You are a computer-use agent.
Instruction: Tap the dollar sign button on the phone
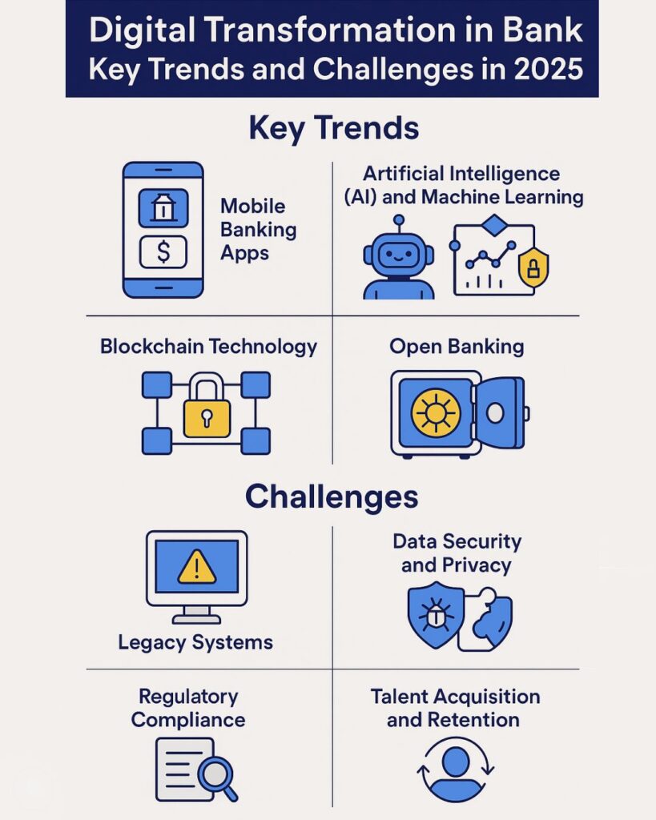[x=163, y=251]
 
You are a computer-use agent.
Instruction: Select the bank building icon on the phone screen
[x=163, y=207]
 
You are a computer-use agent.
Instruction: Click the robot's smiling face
[x=399, y=255]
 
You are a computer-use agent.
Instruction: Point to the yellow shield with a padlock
[x=533, y=268]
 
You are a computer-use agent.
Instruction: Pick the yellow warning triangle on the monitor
[x=197, y=567]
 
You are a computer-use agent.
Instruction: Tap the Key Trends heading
[x=334, y=128]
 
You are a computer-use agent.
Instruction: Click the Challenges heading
[x=332, y=496]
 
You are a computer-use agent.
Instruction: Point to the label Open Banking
[x=457, y=347]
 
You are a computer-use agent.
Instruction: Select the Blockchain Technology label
[x=208, y=347]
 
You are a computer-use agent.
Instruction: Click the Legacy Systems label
[x=195, y=643]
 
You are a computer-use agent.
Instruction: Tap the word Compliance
[x=188, y=720]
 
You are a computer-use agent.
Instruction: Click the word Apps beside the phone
[x=245, y=253]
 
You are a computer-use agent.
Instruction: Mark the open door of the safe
[x=500, y=413]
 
